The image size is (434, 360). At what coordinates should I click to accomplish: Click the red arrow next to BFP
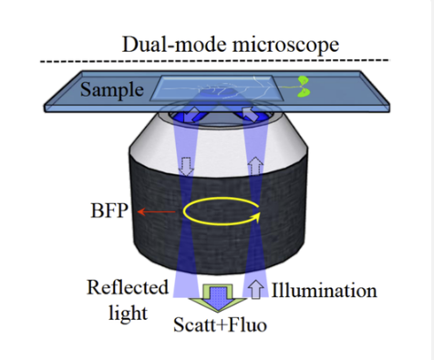156,211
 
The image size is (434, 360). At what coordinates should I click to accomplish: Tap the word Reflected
129,288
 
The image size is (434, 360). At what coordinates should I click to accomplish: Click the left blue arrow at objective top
196,115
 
